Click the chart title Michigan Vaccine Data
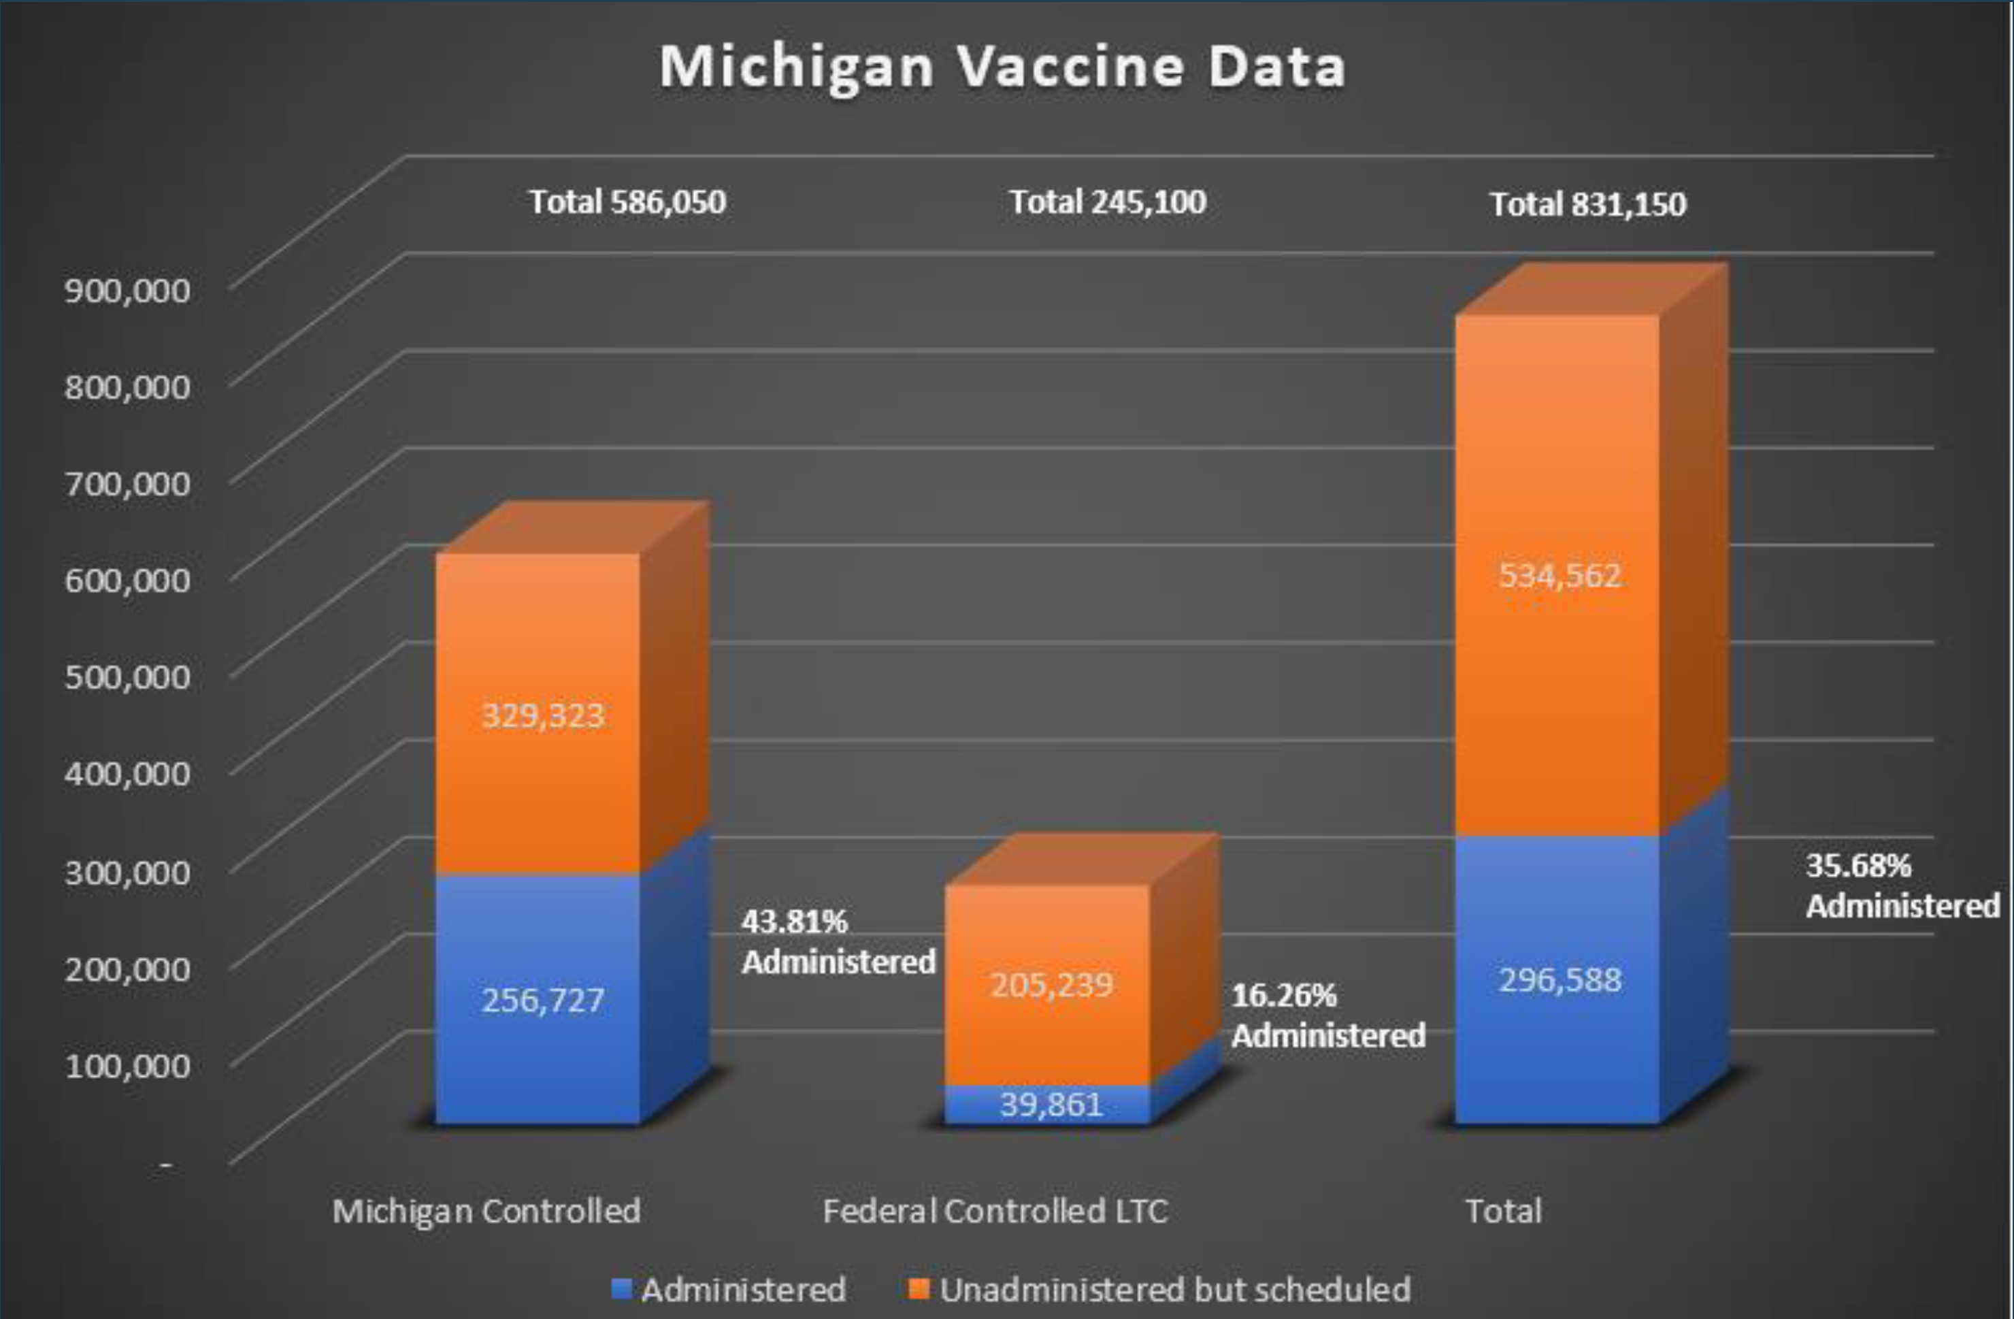[1003, 67]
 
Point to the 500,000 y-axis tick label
[128, 677]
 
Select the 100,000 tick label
[128, 1065]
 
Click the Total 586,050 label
[627, 202]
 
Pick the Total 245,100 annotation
[1108, 202]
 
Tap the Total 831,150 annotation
[1587, 205]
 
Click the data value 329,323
[543, 716]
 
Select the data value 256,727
[543, 1000]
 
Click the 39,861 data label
[1051, 1105]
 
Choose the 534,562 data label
[1559, 576]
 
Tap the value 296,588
[1559, 980]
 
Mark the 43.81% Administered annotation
[838, 941]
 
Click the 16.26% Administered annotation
[1327, 1015]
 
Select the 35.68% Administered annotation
[1902, 885]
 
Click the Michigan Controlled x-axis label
[486, 1211]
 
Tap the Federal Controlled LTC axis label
[995, 1211]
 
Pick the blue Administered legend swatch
[621, 1289]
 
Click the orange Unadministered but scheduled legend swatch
[919, 1289]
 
